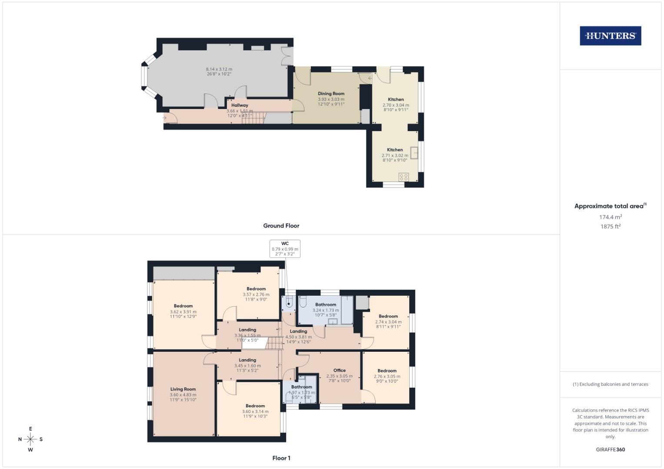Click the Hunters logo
pos(610,36)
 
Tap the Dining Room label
pos(331,93)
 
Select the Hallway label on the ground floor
pos(240,105)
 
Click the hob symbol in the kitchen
pos(404,177)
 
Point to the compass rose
pos(30,439)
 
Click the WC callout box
pos(285,248)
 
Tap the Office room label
pos(339,370)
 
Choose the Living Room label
pos(183,389)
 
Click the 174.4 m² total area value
pos(610,217)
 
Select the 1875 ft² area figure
pos(610,226)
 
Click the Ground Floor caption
pos(281,226)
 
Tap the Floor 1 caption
pos(281,458)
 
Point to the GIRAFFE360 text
pos(610,449)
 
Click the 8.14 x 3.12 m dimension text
pos(219,69)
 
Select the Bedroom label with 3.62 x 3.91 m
pos(183,306)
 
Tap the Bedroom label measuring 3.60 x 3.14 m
pos(255,406)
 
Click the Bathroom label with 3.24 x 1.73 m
pos(326,304)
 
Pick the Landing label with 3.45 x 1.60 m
pos(247,360)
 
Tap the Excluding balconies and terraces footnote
pos(610,384)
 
